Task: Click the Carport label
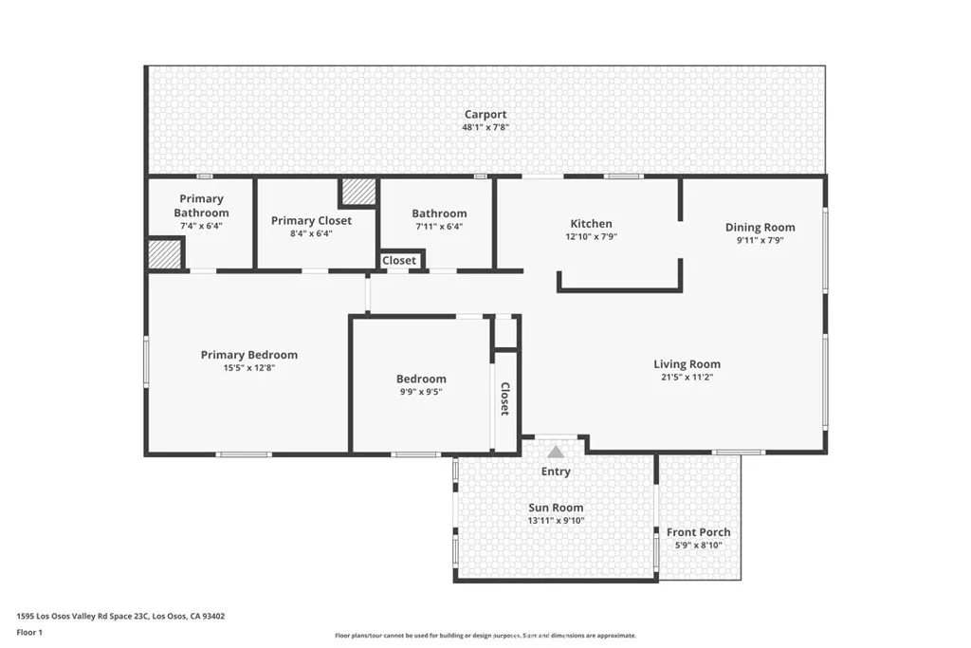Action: click(x=485, y=115)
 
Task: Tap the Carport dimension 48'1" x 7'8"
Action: click(x=485, y=128)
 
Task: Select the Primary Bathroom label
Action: click(x=201, y=206)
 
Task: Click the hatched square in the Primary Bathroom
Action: click(x=165, y=254)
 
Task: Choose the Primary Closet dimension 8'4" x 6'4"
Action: click(x=311, y=233)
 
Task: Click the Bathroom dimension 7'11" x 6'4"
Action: click(x=439, y=227)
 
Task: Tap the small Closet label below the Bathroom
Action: click(x=399, y=260)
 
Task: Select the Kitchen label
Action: click(x=592, y=224)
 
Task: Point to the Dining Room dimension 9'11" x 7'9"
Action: click(x=760, y=240)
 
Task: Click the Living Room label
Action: click(x=687, y=364)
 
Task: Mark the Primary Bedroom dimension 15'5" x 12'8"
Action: click(x=249, y=368)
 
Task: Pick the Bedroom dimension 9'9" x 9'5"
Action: click(x=421, y=392)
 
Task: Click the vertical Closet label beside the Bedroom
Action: click(x=504, y=398)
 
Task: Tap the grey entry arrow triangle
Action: click(x=556, y=452)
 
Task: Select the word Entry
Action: click(x=556, y=472)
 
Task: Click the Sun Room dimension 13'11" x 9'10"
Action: click(x=556, y=521)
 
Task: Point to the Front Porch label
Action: click(x=698, y=532)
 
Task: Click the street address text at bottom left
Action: click(x=120, y=617)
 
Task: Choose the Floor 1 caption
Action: click(x=29, y=633)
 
